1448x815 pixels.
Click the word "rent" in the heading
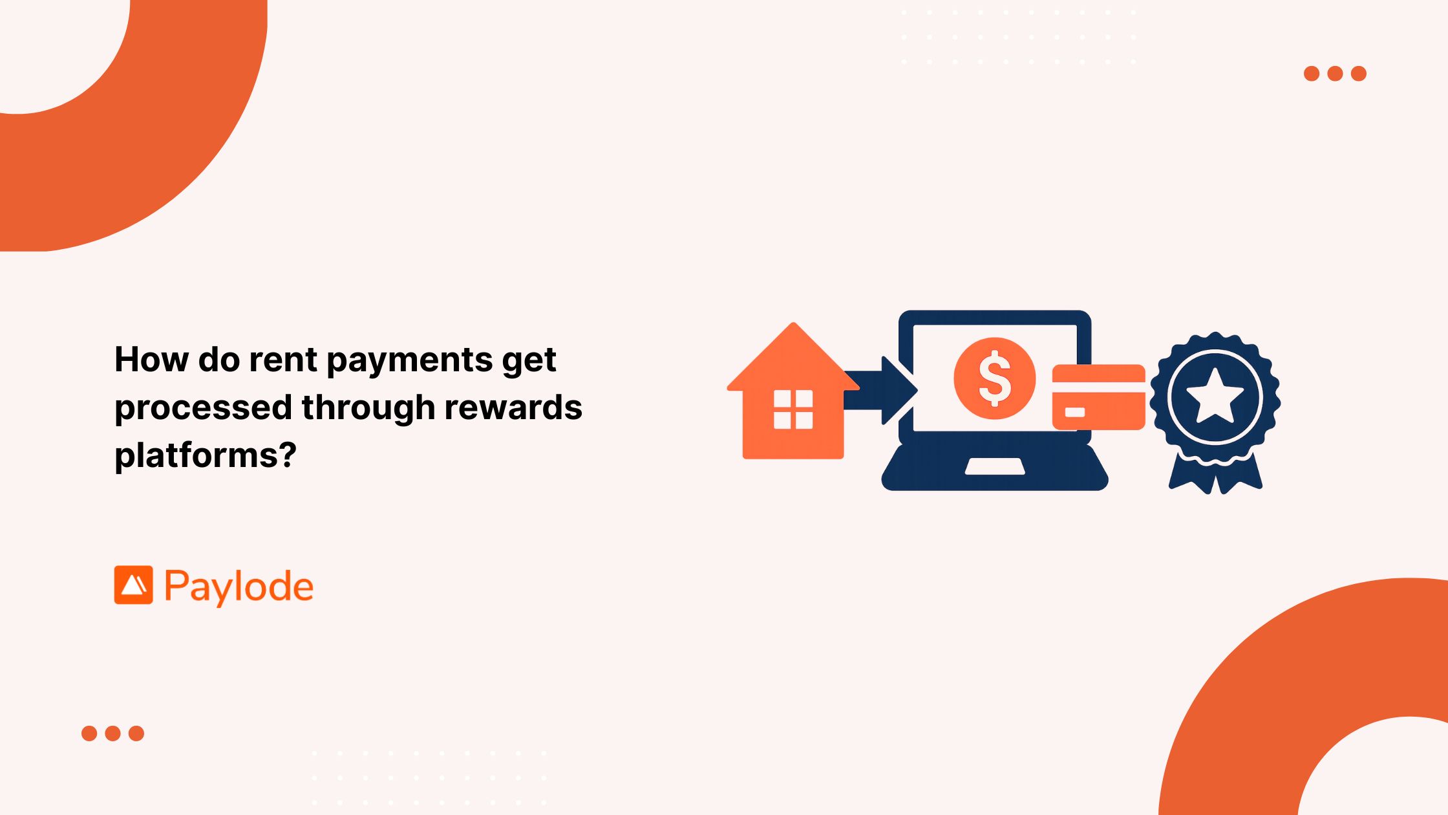click(x=282, y=360)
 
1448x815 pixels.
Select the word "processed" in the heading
click(x=203, y=408)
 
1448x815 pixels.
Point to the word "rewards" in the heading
click(x=513, y=407)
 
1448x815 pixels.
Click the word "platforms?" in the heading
click(x=206, y=455)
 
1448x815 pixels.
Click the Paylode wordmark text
click(x=239, y=587)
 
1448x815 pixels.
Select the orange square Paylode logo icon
click(x=134, y=585)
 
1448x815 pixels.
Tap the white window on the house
click(x=793, y=409)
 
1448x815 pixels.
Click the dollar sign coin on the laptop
click(x=994, y=378)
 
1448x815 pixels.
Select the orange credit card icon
click(x=1098, y=397)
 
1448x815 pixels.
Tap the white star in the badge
click(x=1215, y=396)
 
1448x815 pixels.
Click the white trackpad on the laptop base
click(x=995, y=466)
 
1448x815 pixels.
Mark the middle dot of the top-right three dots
click(x=1335, y=73)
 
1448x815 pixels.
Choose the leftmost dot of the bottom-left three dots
click(x=89, y=733)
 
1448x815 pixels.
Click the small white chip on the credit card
click(x=1074, y=413)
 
